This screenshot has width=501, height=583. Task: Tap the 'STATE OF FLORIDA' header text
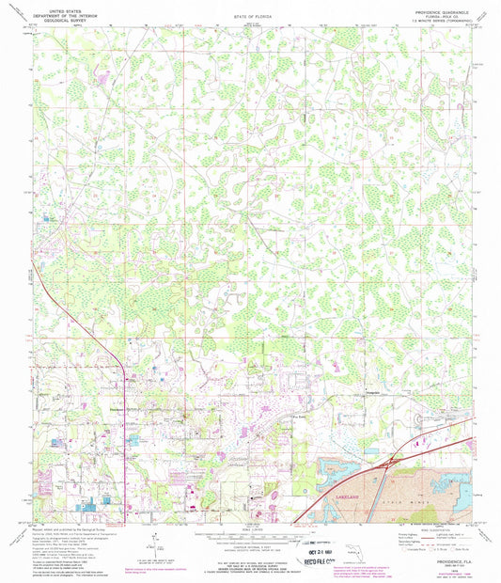pyautogui.click(x=250, y=18)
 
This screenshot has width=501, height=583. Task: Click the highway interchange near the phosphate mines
pyautogui.click(x=388, y=462)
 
